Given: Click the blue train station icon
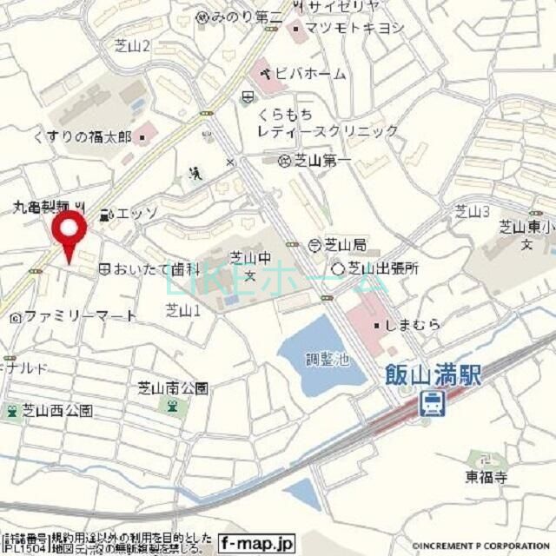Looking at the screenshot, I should tap(430, 402).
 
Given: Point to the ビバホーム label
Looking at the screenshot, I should tap(310, 73).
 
